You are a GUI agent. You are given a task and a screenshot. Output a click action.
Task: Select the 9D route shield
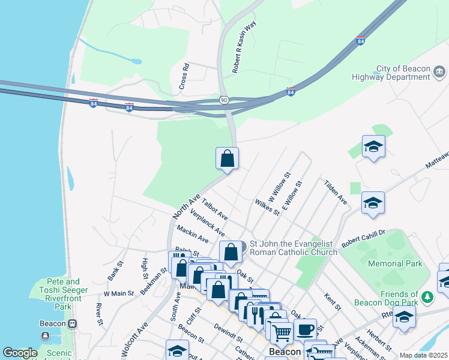224,100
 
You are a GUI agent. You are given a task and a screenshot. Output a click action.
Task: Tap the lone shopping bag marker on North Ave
228,160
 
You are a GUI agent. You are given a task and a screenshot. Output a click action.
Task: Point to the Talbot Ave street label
214,208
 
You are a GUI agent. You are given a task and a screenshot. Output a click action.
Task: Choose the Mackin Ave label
192,234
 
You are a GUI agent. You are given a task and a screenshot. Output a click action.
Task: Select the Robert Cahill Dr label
363,238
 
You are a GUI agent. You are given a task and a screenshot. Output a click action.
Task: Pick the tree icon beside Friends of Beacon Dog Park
427,296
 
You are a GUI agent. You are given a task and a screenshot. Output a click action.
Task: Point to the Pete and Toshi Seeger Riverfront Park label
59,290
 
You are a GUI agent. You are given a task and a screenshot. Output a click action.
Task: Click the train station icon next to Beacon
73,323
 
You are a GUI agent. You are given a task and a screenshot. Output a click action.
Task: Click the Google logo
20,353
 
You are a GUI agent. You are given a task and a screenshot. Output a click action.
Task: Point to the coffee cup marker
305,329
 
